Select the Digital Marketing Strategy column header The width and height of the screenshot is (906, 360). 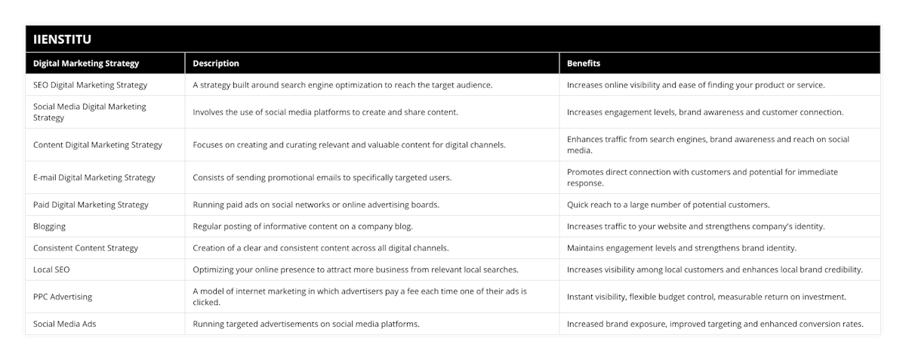click(86, 63)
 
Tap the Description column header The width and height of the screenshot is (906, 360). click(216, 63)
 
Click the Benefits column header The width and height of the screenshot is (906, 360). click(584, 63)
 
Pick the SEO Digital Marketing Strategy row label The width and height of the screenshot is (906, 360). click(91, 85)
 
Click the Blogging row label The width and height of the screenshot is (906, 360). click(50, 226)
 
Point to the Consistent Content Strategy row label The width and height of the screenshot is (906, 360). click(85, 248)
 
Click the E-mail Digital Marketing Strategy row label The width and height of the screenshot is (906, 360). click(94, 177)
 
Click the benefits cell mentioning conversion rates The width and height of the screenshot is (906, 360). click(715, 324)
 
